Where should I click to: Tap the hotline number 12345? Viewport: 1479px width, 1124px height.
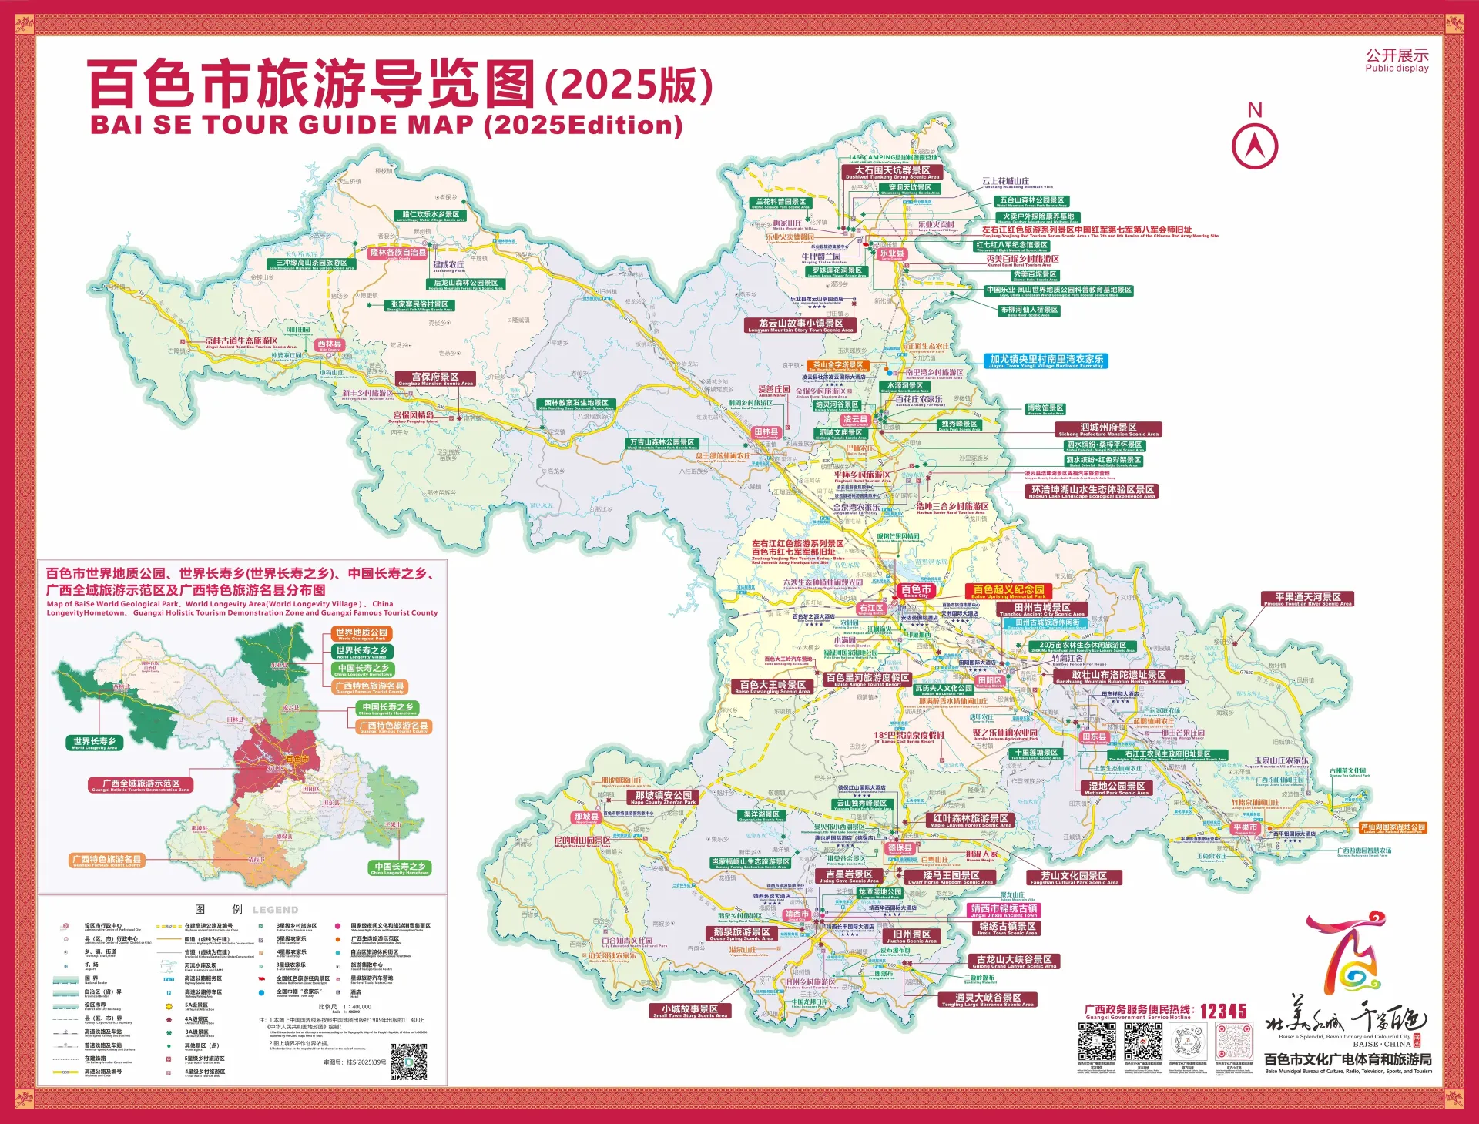coord(1222,1011)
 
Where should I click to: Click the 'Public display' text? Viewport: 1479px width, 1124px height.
coord(1397,69)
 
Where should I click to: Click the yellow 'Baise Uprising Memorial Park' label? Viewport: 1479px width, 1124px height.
coord(1008,592)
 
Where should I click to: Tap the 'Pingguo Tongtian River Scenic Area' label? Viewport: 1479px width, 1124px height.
coord(1307,599)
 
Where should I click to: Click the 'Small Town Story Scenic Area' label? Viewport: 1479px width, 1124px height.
coord(689,1011)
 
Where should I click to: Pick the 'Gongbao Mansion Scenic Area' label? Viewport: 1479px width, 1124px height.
coord(435,379)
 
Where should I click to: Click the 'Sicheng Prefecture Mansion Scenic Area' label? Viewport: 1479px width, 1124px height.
coord(1108,430)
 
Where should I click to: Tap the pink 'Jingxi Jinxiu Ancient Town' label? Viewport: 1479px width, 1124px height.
coord(1004,911)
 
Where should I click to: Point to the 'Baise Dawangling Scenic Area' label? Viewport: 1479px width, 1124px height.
coord(772,686)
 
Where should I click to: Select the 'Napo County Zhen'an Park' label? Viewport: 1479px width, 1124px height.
coord(663,797)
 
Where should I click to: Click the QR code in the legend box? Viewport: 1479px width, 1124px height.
coord(408,1062)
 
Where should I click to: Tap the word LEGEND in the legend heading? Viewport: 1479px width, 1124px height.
coord(275,910)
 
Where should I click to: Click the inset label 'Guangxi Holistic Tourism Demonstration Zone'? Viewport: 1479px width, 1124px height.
coord(140,785)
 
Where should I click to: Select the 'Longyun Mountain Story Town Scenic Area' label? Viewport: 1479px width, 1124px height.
coord(800,326)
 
